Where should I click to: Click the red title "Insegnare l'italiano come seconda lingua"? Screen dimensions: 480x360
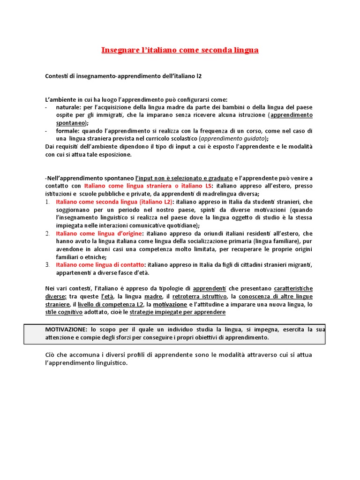pos(180,50)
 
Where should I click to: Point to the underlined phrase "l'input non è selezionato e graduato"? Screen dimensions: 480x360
pos(184,178)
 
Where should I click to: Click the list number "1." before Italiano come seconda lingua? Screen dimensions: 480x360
pos(47,202)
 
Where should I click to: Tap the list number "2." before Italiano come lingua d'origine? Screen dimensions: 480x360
pos(47,233)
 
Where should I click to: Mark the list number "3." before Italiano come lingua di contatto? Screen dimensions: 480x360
pos(47,265)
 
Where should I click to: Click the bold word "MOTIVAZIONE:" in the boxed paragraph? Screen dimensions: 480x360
pos(66,330)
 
